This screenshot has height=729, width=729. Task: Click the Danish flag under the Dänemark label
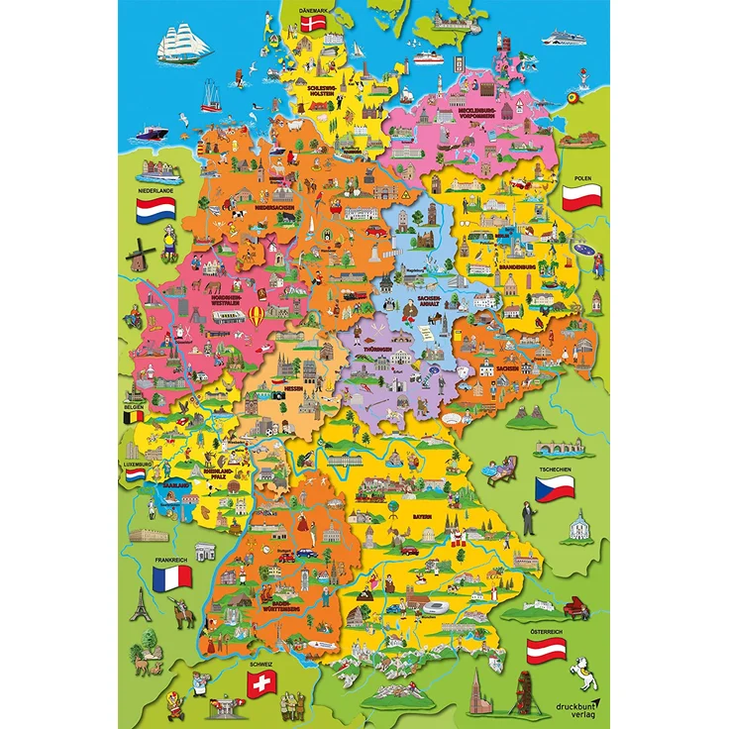(x=316, y=23)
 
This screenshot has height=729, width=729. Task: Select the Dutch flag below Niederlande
(x=156, y=207)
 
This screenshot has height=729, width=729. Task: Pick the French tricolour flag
(x=172, y=576)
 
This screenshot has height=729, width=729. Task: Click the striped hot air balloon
(x=258, y=317)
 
